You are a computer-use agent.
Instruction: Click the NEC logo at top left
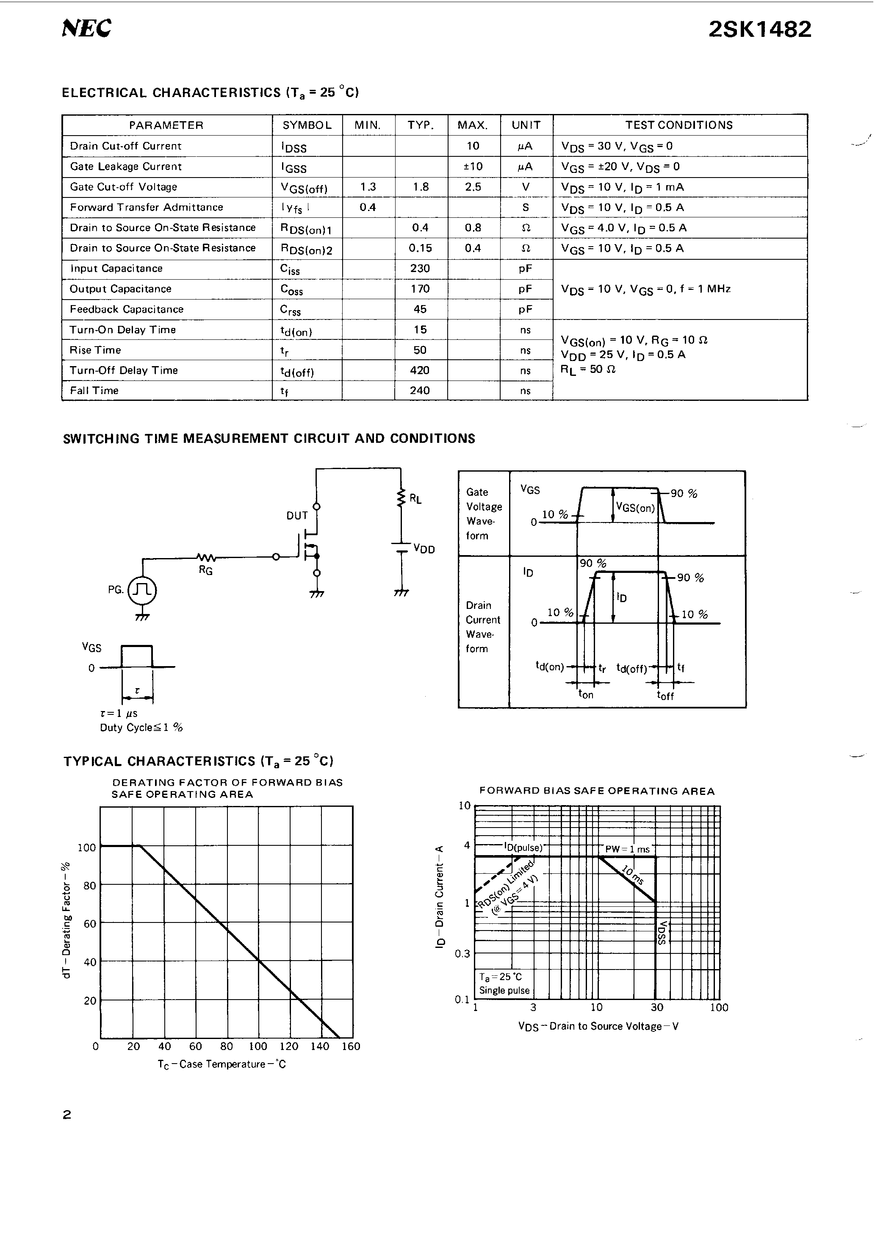(x=86, y=28)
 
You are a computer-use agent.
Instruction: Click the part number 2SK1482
(x=759, y=29)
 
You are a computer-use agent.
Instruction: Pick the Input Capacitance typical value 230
(x=420, y=268)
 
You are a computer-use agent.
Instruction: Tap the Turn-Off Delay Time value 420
(x=420, y=370)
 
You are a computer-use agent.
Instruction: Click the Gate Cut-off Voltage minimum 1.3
(x=368, y=187)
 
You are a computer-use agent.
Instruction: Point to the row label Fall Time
(x=94, y=391)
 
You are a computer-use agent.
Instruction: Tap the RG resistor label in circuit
(x=205, y=570)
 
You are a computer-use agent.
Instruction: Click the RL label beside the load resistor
(x=415, y=499)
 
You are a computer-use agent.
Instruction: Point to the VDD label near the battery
(x=424, y=549)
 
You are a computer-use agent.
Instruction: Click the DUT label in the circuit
(x=297, y=516)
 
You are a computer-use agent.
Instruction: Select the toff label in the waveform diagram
(x=665, y=696)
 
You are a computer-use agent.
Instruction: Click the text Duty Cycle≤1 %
(x=141, y=728)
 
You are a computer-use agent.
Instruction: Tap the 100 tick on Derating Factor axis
(x=86, y=848)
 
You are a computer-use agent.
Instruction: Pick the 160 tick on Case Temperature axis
(x=351, y=1046)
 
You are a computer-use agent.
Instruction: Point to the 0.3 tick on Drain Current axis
(x=462, y=953)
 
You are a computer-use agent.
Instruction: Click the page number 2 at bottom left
(x=67, y=1115)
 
